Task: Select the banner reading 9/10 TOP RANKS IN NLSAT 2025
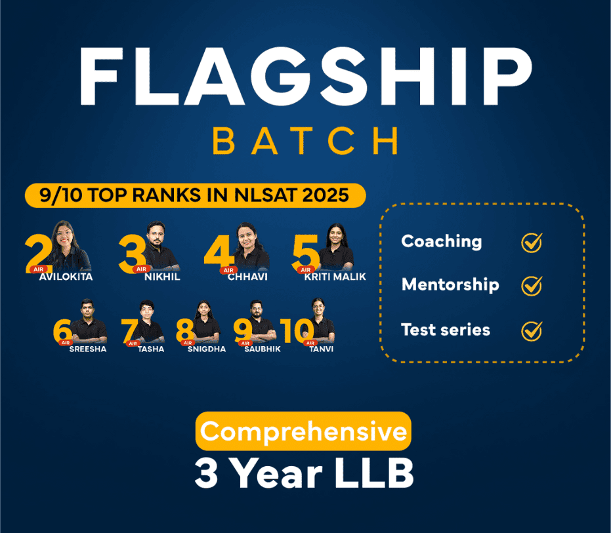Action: (x=196, y=195)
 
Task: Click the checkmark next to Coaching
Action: (x=531, y=243)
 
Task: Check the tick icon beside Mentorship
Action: (x=531, y=286)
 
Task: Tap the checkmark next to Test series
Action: (x=531, y=330)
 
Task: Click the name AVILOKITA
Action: (x=66, y=277)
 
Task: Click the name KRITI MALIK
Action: (x=335, y=277)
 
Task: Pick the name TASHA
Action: (x=151, y=349)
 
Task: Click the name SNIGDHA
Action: (x=205, y=349)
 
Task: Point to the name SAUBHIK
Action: (x=262, y=349)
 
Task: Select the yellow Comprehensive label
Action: (x=303, y=432)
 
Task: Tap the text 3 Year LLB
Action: (x=304, y=473)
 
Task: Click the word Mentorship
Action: (x=450, y=285)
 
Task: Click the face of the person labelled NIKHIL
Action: (x=156, y=235)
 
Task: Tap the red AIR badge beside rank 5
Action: (x=305, y=269)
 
